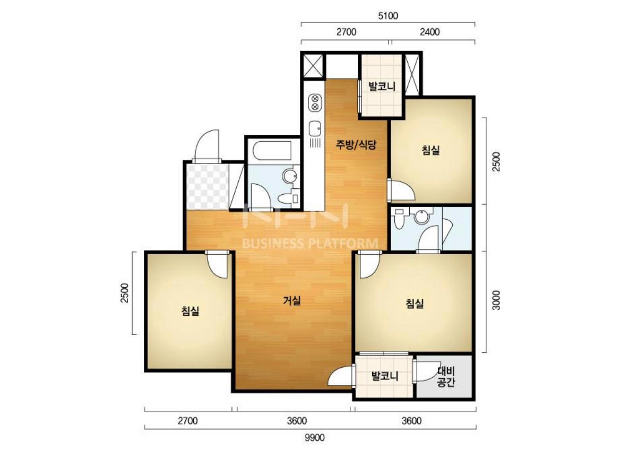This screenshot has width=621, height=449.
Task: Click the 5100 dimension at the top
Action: coord(388,16)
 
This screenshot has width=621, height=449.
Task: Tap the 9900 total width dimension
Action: coord(314,437)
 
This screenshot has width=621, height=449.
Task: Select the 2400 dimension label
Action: coord(430,32)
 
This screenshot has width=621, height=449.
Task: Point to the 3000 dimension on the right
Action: coord(496,300)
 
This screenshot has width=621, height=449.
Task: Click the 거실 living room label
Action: coord(292,301)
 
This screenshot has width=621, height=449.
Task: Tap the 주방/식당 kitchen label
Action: coord(356,144)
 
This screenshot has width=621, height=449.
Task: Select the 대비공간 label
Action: coord(446,376)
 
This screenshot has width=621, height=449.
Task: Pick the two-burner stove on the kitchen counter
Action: coord(315,102)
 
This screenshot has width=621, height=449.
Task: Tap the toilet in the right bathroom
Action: coord(399,219)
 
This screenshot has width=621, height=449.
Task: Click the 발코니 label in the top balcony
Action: coord(382,86)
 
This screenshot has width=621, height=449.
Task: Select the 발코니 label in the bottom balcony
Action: coord(385,376)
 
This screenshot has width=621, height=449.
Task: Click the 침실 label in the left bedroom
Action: coord(190,311)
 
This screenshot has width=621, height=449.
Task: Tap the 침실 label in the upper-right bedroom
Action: coord(430,150)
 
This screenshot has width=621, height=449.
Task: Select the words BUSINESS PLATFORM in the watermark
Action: coord(310,243)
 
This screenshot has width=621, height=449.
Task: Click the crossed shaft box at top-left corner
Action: coord(314,66)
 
